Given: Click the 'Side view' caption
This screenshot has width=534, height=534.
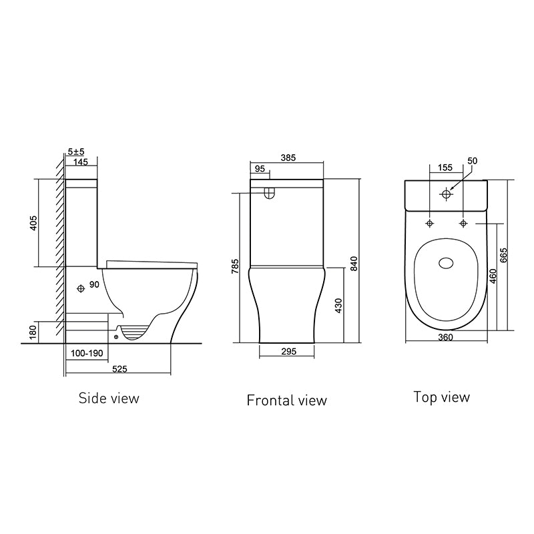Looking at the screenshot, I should (109, 398).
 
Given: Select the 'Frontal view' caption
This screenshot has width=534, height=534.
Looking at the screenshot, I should (286, 400).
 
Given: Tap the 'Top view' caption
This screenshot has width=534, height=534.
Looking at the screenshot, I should (441, 397).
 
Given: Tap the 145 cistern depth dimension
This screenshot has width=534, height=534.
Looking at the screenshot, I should (81, 162).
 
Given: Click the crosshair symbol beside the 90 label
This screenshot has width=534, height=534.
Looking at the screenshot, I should (81, 288).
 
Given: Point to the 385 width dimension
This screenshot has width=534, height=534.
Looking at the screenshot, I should (288, 158).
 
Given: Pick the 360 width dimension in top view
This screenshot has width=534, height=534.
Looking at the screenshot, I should (446, 338).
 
